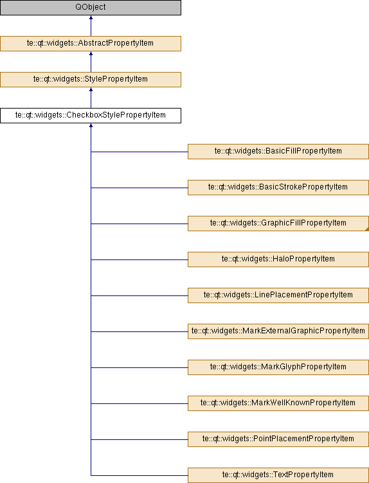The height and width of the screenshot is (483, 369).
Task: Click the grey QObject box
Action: click(x=91, y=8)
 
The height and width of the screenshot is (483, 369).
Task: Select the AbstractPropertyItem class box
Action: click(x=91, y=44)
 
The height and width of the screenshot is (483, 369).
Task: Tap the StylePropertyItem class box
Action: click(x=91, y=80)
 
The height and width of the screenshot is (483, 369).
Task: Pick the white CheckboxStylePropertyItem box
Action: click(x=91, y=116)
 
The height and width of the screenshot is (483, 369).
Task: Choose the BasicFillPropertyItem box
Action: click(x=278, y=152)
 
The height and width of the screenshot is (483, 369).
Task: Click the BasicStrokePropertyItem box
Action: click(x=278, y=188)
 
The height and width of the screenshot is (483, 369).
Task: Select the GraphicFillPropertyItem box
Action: click(x=278, y=224)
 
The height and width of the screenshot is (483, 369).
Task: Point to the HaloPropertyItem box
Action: click(x=278, y=259)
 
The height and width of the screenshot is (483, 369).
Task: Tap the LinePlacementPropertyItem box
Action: click(x=278, y=295)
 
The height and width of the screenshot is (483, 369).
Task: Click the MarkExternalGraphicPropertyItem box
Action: click(x=278, y=331)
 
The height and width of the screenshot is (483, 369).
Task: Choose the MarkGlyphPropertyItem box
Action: click(x=278, y=367)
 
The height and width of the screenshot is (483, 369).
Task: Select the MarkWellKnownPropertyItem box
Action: click(x=278, y=403)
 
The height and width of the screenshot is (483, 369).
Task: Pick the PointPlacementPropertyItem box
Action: click(x=278, y=439)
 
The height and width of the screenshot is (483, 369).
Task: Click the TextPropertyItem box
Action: click(x=278, y=475)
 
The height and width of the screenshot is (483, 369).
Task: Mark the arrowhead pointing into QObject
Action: click(x=91, y=17)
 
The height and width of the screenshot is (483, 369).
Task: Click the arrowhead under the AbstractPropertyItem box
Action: click(x=91, y=53)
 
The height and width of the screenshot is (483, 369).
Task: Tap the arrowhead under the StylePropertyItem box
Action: click(x=91, y=90)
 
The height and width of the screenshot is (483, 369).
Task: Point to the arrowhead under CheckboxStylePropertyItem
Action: click(x=91, y=125)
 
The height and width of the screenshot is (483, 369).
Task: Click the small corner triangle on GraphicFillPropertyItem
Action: click(x=367, y=229)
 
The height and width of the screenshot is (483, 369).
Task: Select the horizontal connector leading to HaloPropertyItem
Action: click(x=139, y=259)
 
